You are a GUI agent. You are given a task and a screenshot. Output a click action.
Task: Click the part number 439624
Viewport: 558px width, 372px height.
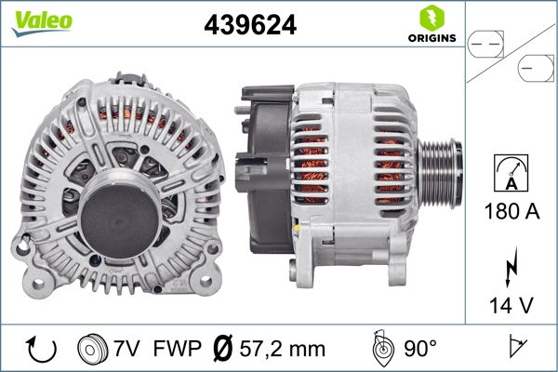point(250,26)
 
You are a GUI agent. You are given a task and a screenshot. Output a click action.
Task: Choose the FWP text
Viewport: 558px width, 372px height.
point(176,351)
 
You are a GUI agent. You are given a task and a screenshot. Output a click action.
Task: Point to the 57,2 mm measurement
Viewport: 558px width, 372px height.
point(282,351)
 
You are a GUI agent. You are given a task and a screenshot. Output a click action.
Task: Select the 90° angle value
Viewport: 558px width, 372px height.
point(420,351)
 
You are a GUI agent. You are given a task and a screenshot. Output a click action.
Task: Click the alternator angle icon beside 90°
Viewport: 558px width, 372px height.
point(381,350)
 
